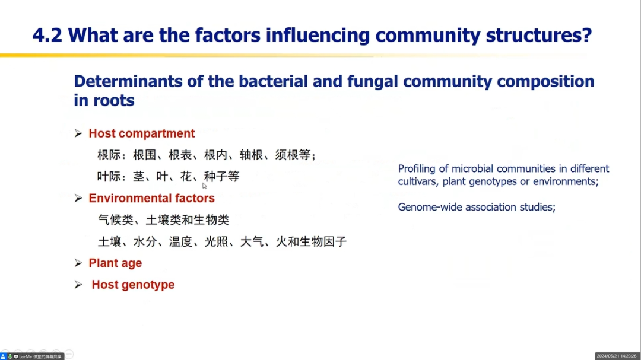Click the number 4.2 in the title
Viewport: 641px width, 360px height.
[47, 35]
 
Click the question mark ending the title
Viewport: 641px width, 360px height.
[586, 35]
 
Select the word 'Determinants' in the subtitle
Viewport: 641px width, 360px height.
[128, 81]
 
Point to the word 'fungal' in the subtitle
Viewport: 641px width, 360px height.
[372, 82]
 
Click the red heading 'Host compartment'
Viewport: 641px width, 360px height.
[142, 133]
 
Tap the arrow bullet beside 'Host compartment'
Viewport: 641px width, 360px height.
[78, 133]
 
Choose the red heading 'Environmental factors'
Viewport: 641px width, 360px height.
[152, 198]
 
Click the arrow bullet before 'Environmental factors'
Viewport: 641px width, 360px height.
[78, 198]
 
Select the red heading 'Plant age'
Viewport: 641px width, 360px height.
[115, 263]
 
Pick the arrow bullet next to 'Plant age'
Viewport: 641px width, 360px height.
[78, 263]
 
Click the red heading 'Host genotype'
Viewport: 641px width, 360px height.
[133, 285]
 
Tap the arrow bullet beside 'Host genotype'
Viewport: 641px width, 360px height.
[78, 285]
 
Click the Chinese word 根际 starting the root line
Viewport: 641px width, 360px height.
[109, 155]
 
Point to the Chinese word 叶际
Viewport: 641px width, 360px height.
[109, 177]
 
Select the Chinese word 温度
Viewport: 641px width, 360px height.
[180, 241]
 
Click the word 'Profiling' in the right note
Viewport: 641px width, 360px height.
[417, 169]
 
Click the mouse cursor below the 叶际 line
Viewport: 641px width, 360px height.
[204, 186]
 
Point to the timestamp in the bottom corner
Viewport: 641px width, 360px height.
[617, 356]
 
